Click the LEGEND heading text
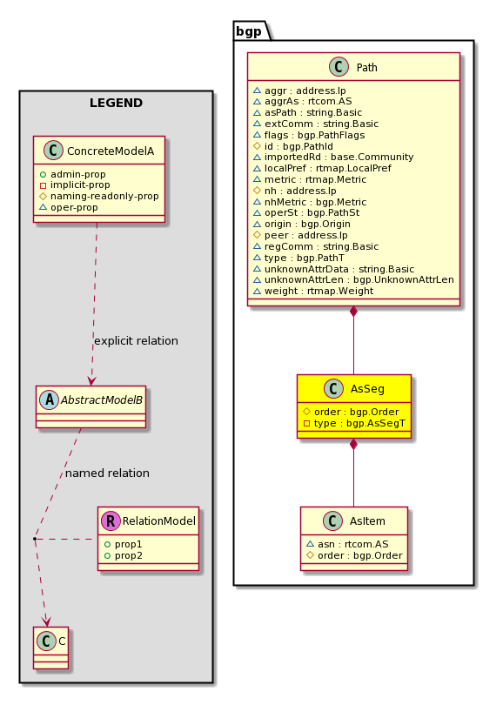(116, 103)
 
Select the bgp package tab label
(249, 31)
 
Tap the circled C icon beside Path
(339, 67)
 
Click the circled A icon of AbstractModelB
(49, 399)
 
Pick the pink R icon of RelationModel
(111, 520)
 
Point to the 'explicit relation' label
(136, 341)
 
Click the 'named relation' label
(107, 473)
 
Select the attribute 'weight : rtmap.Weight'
(319, 291)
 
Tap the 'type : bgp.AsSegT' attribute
(359, 423)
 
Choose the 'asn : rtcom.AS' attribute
(352, 544)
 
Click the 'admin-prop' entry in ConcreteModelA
(77, 174)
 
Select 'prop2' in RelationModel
(129, 555)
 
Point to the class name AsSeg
(367, 389)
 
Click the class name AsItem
(367, 521)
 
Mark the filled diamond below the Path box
(354, 311)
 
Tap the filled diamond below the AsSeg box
(354, 444)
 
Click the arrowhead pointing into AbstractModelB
(91, 380)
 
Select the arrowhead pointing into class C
(46, 621)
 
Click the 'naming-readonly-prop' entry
(104, 196)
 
